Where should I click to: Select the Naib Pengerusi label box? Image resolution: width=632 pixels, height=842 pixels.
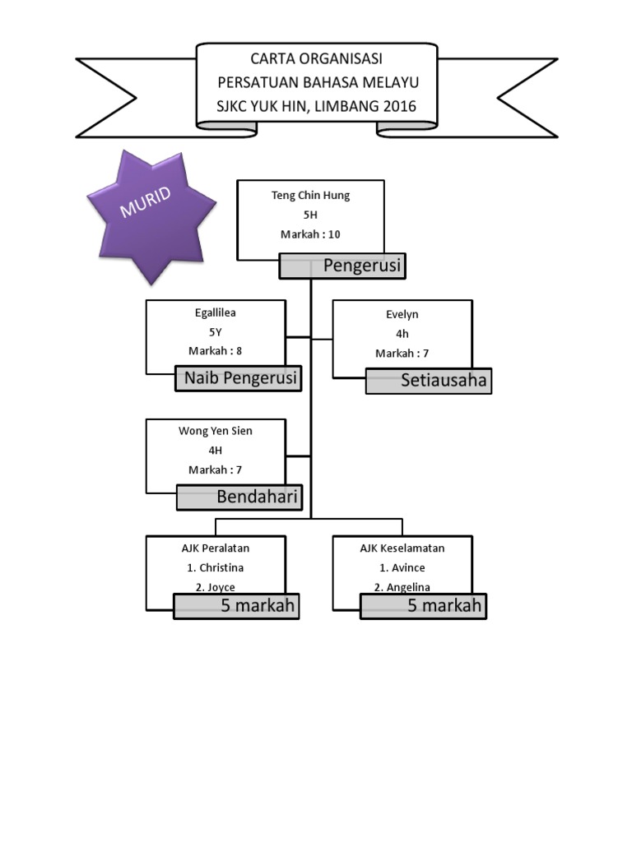click(x=239, y=378)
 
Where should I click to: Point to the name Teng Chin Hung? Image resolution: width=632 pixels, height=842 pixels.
click(x=310, y=196)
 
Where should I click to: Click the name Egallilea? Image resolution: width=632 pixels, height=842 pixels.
click(x=216, y=313)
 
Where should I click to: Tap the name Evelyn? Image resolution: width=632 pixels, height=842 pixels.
click(x=402, y=314)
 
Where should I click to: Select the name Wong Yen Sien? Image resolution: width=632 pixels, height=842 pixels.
click(x=216, y=431)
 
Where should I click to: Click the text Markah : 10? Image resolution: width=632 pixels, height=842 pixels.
click(x=310, y=234)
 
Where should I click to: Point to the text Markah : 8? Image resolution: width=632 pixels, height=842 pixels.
click(x=216, y=352)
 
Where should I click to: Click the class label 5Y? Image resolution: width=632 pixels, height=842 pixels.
click(x=216, y=332)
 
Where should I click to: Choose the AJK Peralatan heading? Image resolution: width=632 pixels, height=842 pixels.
click(x=216, y=548)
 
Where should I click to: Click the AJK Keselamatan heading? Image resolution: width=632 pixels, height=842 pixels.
click(x=402, y=548)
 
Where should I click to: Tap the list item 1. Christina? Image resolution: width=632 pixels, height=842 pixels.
click(x=216, y=568)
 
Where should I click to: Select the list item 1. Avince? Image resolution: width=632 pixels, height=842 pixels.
click(x=402, y=568)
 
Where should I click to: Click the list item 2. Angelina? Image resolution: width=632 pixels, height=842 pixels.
click(x=402, y=587)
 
